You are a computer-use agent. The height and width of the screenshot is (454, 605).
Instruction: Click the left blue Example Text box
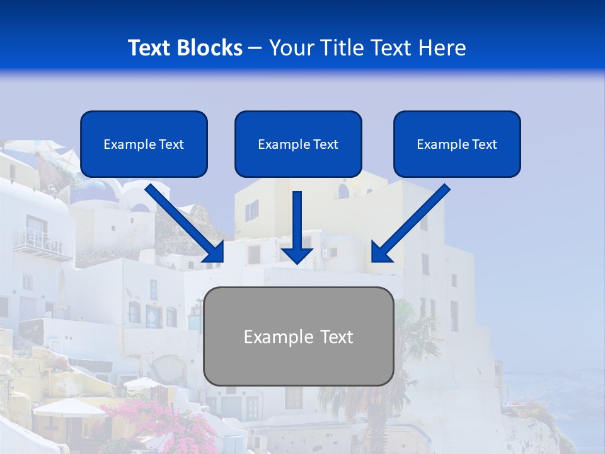point(144,144)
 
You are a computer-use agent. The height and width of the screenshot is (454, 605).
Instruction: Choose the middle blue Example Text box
point(298,144)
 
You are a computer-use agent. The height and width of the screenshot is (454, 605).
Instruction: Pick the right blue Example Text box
point(457,144)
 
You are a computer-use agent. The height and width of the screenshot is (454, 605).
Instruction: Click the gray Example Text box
point(298,336)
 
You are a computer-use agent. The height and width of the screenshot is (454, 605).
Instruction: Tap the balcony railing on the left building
point(43,243)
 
